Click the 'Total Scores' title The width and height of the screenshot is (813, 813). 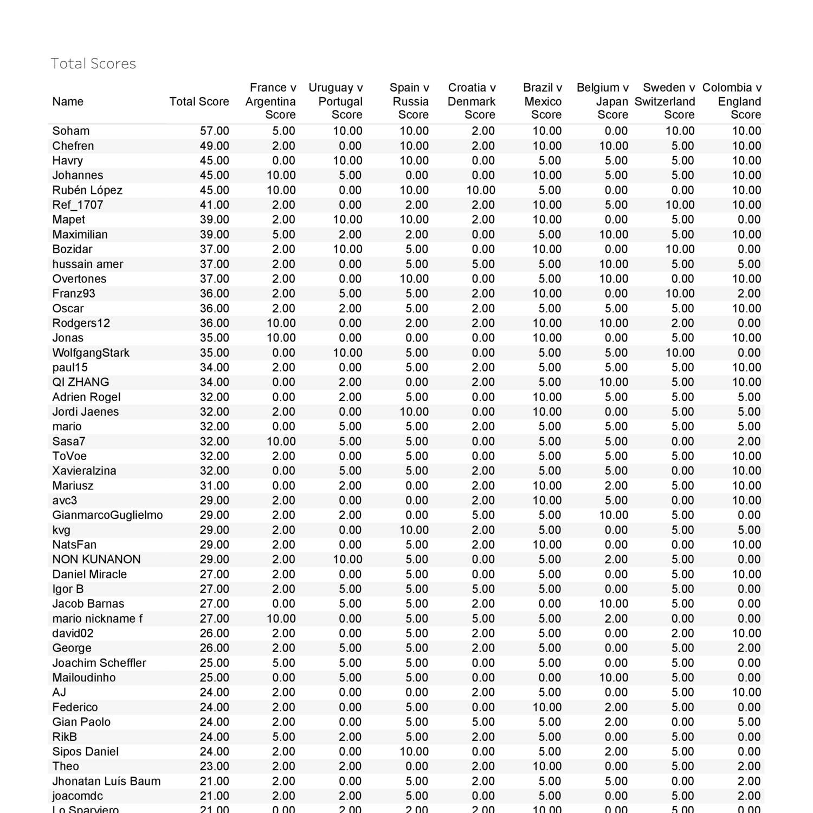tap(93, 64)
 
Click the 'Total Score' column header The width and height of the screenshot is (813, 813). tap(199, 101)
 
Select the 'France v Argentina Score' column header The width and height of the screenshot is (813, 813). tap(270, 101)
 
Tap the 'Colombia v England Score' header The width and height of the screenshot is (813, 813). tap(732, 101)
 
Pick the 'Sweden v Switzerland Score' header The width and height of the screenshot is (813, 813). tap(665, 101)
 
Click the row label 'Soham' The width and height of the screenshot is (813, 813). tap(71, 131)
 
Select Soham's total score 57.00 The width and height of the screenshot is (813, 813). tap(214, 131)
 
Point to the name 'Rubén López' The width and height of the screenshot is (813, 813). tap(87, 190)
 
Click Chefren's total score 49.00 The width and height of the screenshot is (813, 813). tap(214, 146)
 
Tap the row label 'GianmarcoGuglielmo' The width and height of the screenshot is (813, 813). tap(107, 515)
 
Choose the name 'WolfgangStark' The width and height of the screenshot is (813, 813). tap(91, 353)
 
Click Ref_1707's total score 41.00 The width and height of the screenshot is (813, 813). tap(214, 205)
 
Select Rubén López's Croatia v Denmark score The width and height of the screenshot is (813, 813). tap(480, 190)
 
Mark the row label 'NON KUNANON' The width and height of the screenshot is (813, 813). tap(96, 559)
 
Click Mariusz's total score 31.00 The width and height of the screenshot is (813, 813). tap(214, 486)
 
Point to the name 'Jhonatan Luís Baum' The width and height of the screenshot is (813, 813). tap(106, 782)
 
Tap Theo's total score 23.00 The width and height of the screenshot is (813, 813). tap(214, 766)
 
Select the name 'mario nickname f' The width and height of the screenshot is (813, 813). tap(98, 619)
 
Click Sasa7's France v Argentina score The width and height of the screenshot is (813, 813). tap(281, 441)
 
